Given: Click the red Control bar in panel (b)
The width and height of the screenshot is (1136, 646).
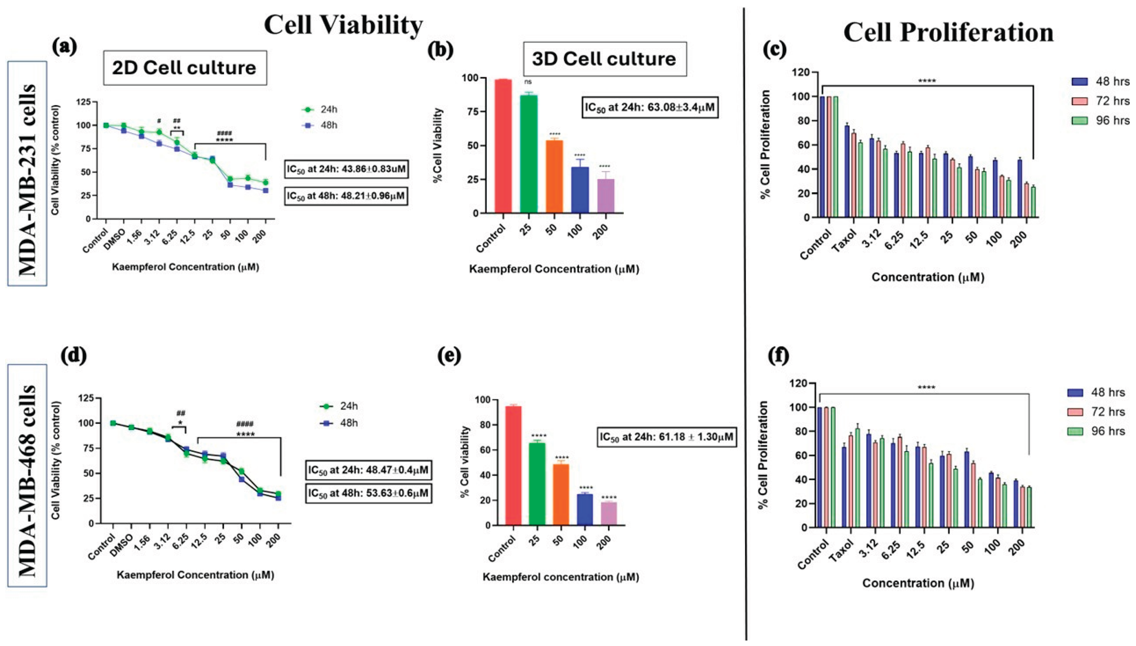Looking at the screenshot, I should tap(503, 146).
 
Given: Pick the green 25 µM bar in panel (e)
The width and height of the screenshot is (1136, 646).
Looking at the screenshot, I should tap(537, 484).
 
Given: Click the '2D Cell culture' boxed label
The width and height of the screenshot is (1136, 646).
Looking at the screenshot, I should tap(185, 68).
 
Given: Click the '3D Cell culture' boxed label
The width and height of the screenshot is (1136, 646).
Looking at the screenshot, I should tap(604, 59).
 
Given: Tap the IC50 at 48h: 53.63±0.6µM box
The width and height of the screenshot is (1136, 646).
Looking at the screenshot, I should tap(368, 493).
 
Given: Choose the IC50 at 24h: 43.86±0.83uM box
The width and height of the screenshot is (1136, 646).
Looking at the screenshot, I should tap(346, 169).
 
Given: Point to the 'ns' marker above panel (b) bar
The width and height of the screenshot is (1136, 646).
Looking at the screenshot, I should tap(528, 82).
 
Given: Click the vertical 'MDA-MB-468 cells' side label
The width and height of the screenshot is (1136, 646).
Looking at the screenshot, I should tap(27, 475).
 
